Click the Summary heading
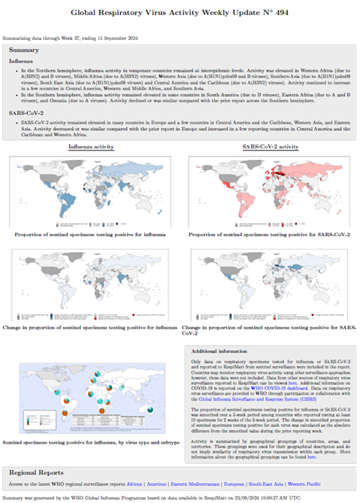click(x=24, y=49)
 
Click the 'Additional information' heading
click(x=223, y=351)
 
